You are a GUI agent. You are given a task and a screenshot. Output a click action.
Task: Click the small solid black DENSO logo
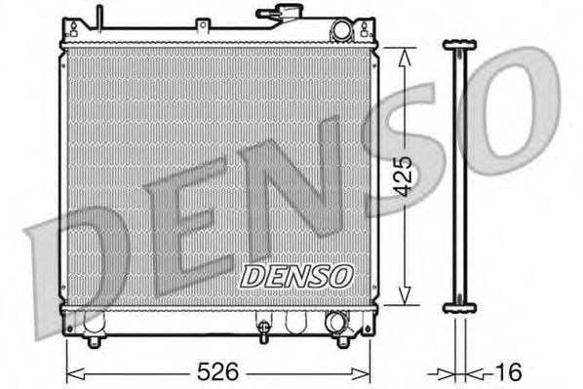click(295, 276)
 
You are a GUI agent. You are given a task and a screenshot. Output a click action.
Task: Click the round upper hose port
click(340, 30)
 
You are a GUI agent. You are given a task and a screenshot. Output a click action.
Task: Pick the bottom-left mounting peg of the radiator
click(94, 340)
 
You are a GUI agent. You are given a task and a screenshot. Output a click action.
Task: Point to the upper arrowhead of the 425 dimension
click(405, 56)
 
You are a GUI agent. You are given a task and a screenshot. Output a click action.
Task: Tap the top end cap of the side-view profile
click(459, 44)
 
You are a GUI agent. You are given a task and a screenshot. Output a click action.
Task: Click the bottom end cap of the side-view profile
click(459, 307)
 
